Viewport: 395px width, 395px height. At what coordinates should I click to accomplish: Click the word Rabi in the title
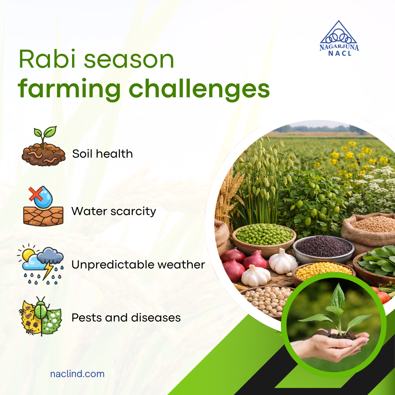44,60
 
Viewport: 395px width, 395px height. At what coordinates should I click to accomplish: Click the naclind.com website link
77,374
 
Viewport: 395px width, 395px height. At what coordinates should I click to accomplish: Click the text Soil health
102,154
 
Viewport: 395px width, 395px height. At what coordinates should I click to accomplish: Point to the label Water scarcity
114,211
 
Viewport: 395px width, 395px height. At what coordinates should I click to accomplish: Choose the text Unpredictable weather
138,264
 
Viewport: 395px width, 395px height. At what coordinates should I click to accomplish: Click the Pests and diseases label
126,317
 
